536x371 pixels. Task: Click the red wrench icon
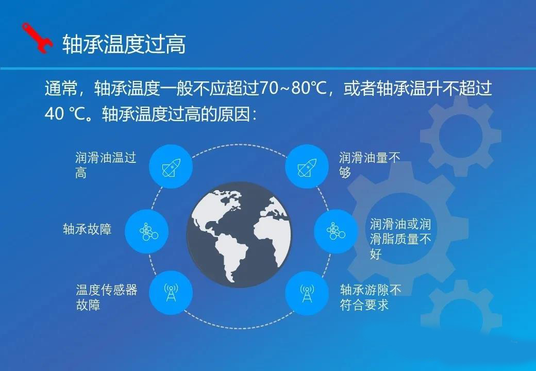coord(37,38)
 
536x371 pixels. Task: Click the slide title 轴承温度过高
coord(124,44)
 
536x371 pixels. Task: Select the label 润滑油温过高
coord(106,165)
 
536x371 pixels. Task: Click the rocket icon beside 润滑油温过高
coord(171,167)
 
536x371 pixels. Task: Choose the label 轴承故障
coord(87,229)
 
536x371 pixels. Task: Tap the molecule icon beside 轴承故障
coord(148,232)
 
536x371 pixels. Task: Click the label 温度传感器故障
coord(106,297)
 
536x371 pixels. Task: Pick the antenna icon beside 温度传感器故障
coord(171,293)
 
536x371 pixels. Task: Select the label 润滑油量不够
coord(369,165)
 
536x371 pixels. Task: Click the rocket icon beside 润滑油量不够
coord(307,167)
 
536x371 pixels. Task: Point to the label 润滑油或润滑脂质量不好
coord(400,239)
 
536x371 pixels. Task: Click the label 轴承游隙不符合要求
coord(371,297)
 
